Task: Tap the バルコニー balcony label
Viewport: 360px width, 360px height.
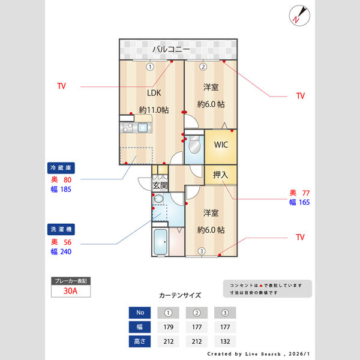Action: tap(171, 49)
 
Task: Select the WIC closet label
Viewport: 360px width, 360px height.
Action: tap(220, 145)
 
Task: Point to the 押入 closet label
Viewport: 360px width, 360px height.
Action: tap(220, 175)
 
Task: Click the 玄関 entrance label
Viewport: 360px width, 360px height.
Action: tap(160, 185)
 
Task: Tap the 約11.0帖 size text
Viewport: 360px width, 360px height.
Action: tap(154, 110)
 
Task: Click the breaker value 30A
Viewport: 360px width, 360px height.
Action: tap(70, 291)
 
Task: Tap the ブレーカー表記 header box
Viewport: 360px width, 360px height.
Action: tap(70, 281)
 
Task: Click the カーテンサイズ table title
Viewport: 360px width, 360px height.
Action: tap(180, 295)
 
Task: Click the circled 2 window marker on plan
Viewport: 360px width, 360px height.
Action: tap(203, 67)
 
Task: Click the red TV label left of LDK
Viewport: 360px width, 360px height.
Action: tap(61, 86)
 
